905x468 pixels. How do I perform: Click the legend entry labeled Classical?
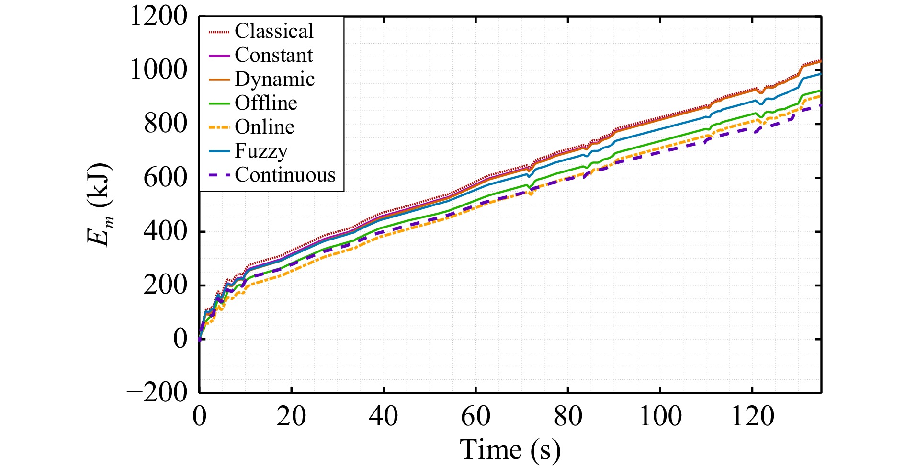click(274, 31)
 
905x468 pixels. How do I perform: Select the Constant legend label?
click(273, 55)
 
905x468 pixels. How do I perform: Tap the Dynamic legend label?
click(274, 79)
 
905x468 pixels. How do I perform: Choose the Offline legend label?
click(266, 103)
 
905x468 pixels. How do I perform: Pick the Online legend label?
click(264, 127)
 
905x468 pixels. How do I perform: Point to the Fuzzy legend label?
click(261, 151)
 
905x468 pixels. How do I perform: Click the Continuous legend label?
click(285, 175)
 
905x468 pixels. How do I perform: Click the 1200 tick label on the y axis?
click(158, 16)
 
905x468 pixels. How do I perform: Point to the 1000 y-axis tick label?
click(158, 70)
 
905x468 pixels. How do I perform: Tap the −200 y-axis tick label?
click(157, 393)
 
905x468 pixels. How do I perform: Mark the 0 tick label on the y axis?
click(180, 339)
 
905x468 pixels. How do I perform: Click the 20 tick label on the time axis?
click(291, 416)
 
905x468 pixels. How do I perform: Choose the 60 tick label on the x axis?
click(475, 416)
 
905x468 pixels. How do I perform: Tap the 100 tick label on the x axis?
click(660, 416)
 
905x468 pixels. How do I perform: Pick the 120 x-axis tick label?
click(752, 416)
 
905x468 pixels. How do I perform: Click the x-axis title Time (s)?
click(510, 449)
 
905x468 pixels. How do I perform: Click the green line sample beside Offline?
click(219, 103)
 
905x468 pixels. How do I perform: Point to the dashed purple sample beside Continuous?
click(219, 175)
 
